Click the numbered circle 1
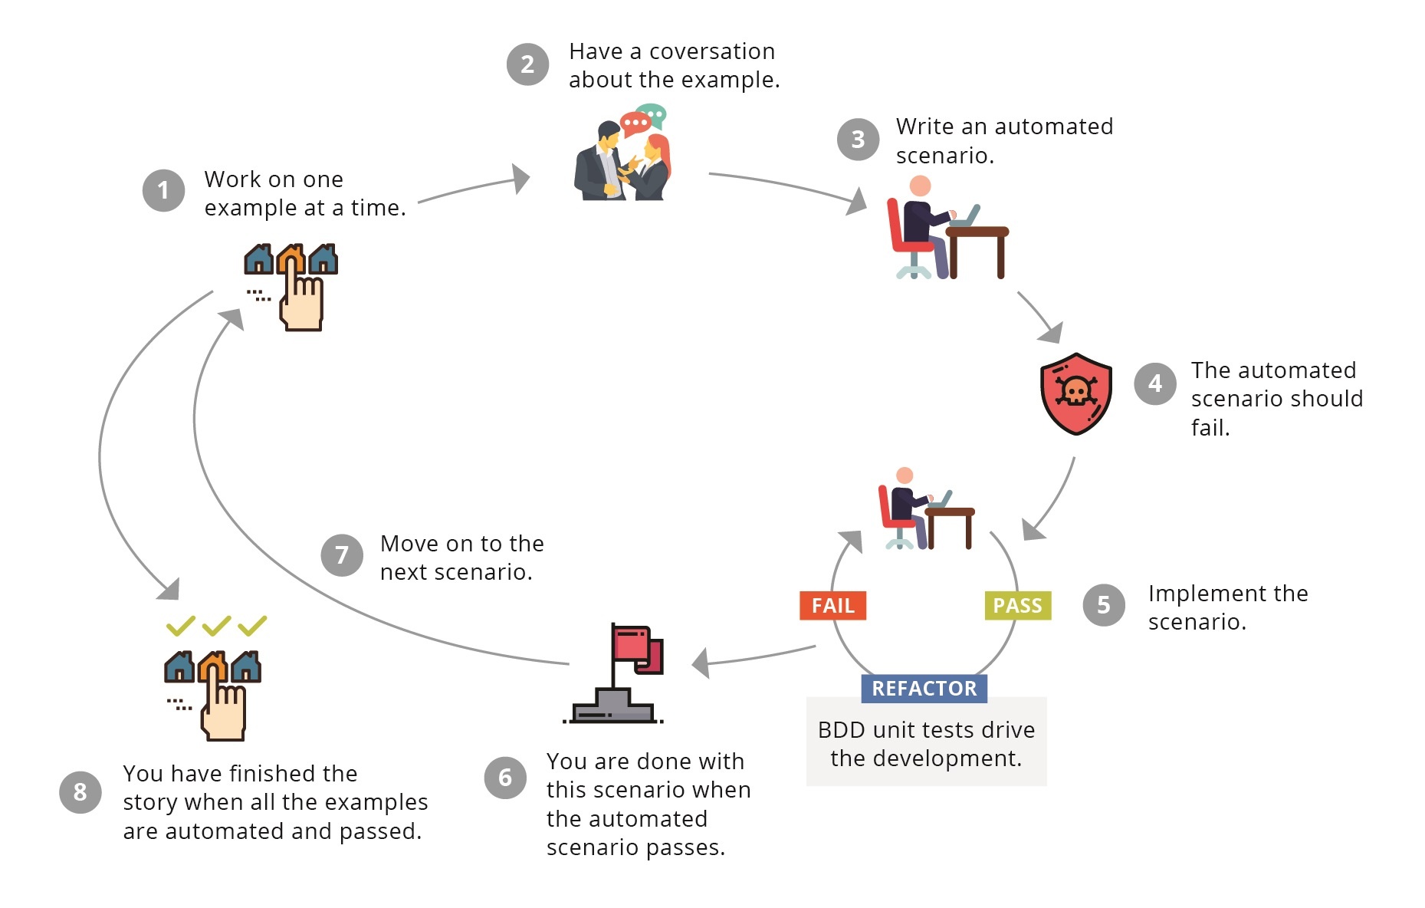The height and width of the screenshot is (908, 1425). pos(163,190)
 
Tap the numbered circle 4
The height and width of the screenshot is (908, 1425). pos(1154,383)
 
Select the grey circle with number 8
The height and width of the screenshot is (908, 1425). pos(80,792)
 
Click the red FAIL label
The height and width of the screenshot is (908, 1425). pos(832,606)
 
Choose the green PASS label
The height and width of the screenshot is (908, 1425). pos(1017,606)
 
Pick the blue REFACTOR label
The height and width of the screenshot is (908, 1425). pos(924,689)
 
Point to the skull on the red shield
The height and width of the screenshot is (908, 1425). pos(1075,392)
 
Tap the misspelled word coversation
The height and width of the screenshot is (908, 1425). pos(712,51)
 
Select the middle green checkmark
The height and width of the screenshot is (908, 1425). pos(216,626)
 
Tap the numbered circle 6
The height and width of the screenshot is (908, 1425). pos(505,778)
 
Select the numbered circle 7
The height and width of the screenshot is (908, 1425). pos(342,555)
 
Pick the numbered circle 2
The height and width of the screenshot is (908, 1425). pos(527,64)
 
